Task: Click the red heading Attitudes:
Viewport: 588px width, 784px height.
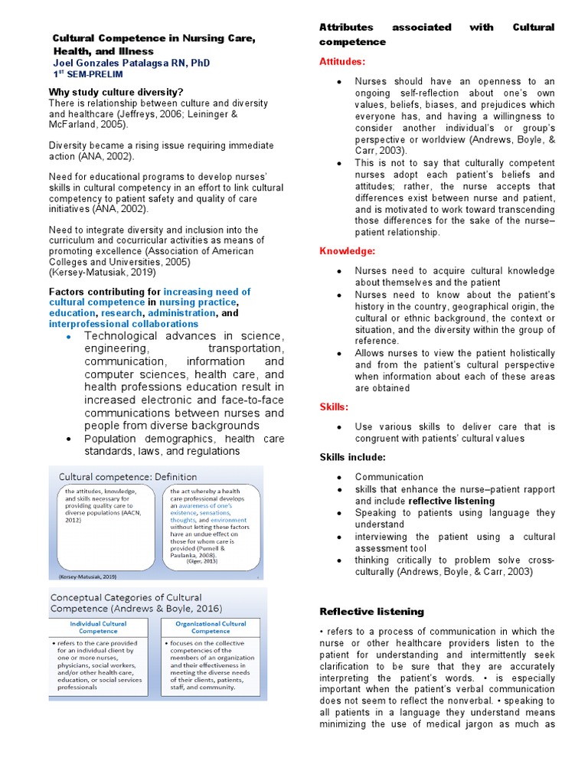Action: click(x=342, y=61)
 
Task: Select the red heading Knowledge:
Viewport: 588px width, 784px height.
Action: click(x=347, y=250)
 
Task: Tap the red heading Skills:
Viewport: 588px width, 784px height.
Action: click(x=334, y=407)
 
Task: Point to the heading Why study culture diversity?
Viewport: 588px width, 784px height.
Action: click(x=116, y=93)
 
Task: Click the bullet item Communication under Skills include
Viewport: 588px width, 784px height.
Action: click(x=389, y=477)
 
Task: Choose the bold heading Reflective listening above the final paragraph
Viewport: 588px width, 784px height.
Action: click(x=371, y=611)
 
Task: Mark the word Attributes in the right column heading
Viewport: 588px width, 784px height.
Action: click(x=345, y=28)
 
